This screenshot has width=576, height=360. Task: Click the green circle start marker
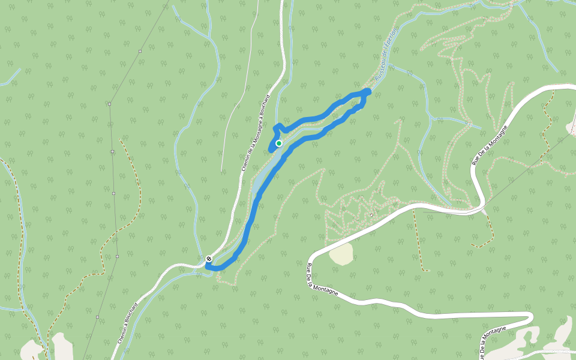point(279,143)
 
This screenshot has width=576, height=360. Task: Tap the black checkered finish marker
point(209,259)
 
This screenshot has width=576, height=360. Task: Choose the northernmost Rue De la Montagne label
point(490,145)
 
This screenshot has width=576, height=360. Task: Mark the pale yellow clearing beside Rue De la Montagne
point(341,254)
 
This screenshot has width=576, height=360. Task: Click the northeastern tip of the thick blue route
point(368,91)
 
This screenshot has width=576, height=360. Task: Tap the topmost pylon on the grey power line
point(140,52)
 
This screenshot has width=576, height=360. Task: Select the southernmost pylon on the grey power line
point(97,316)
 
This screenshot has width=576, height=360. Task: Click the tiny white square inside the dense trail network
point(371,214)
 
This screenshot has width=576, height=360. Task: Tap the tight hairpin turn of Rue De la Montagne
point(530,317)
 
